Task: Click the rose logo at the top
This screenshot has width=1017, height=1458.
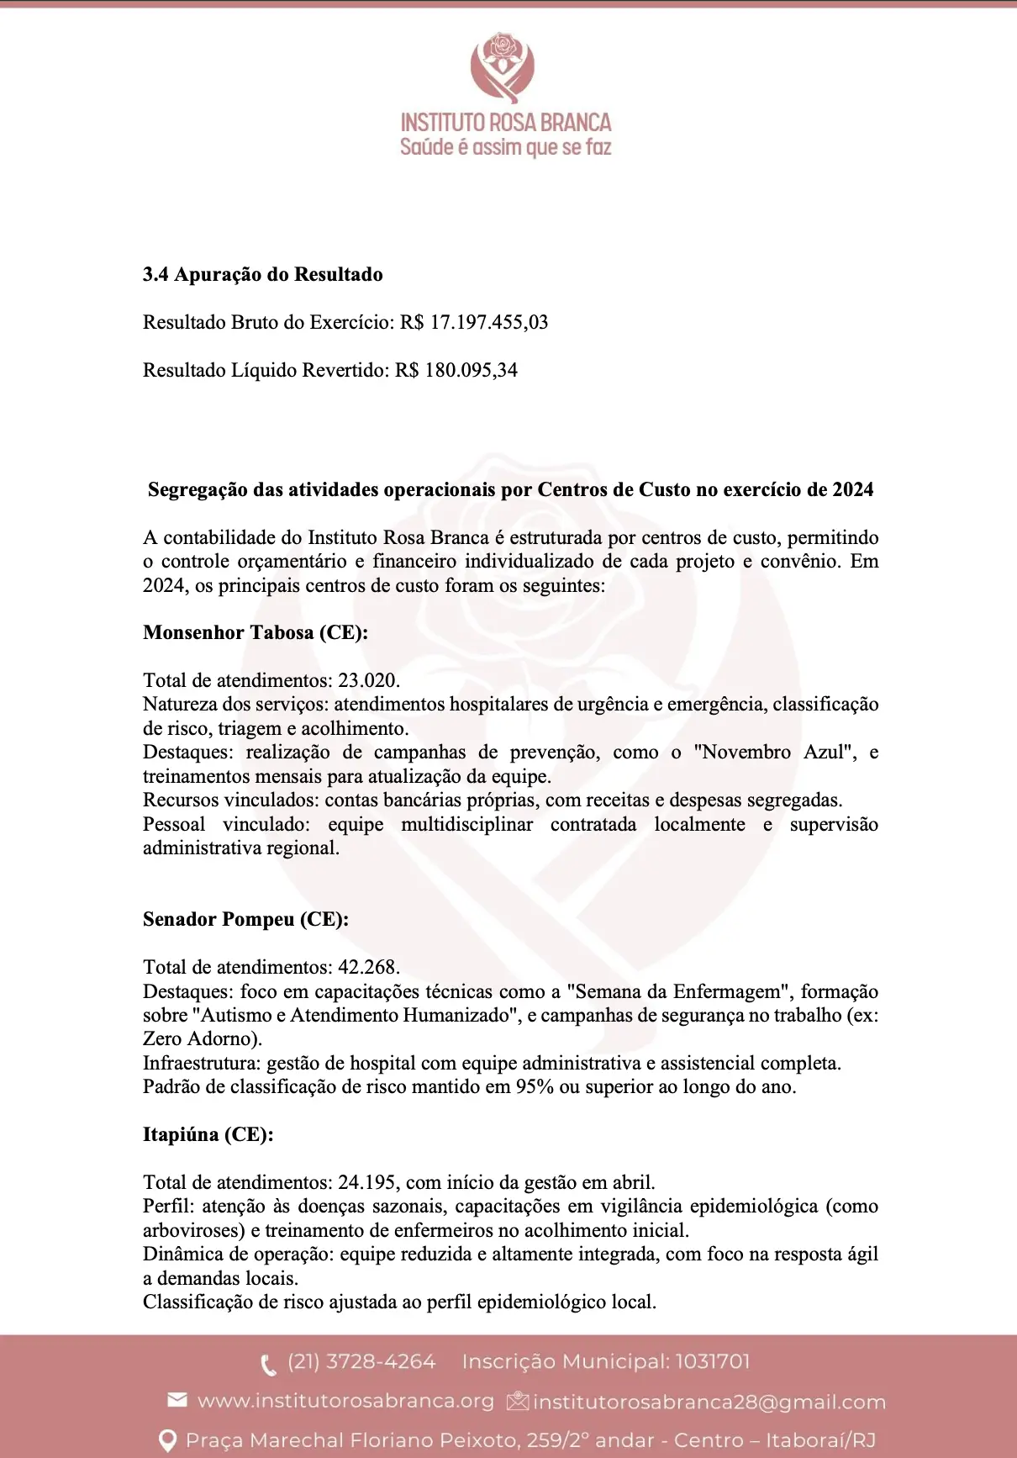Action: [x=503, y=66]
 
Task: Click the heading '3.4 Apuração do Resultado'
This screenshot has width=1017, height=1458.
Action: [x=262, y=274]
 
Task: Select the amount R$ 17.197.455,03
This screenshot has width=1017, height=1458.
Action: [x=474, y=322]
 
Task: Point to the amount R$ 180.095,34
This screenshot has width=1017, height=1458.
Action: [x=456, y=370]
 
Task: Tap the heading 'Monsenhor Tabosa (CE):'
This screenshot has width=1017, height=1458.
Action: [x=256, y=632]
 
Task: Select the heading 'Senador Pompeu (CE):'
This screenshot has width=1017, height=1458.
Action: [x=245, y=919]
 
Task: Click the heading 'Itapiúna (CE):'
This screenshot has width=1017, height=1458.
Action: [x=208, y=1134]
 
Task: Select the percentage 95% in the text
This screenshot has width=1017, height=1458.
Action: [x=535, y=1086]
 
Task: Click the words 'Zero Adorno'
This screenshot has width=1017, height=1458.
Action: [x=199, y=1038]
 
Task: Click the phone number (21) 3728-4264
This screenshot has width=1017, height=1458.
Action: [x=361, y=1361]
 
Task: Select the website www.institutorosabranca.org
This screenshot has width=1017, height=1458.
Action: [x=345, y=1401]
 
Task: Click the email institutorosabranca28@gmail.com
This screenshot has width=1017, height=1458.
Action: [x=709, y=1402]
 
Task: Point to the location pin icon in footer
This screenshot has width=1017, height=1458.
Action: [x=168, y=1440]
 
